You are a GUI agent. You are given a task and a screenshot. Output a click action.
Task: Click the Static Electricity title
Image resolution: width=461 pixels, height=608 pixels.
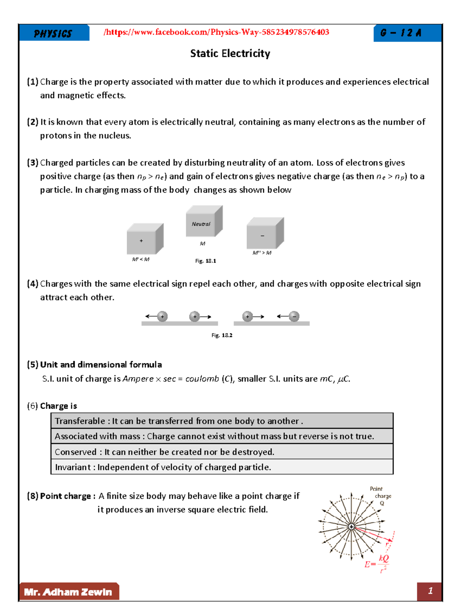[230, 53]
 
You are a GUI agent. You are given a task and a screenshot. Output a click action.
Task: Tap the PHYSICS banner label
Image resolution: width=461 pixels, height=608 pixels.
[53, 34]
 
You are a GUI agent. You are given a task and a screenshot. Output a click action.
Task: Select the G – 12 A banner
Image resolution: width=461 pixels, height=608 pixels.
[401, 33]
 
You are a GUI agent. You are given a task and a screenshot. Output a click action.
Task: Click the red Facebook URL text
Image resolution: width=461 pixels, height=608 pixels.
[216, 32]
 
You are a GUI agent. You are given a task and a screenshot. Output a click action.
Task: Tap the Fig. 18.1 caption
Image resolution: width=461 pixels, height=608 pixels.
[206, 261]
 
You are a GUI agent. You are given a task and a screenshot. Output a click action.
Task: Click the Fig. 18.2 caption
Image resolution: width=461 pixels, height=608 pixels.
[222, 335]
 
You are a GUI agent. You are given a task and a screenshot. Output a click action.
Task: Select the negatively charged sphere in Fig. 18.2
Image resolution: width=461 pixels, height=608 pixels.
[294, 316]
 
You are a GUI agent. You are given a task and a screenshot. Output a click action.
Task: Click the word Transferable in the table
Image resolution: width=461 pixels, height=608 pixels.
[80, 421]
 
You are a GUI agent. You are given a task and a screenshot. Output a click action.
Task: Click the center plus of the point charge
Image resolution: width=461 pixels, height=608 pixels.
[351, 526]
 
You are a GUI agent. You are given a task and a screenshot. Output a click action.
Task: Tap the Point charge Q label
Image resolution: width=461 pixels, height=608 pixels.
[381, 496]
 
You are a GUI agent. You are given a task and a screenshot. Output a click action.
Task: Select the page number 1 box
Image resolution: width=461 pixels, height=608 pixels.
[429, 591]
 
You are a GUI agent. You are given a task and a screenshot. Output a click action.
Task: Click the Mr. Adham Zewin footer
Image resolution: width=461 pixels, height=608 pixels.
[68, 592]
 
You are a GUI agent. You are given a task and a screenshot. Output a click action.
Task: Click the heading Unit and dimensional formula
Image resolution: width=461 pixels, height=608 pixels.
[101, 365]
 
